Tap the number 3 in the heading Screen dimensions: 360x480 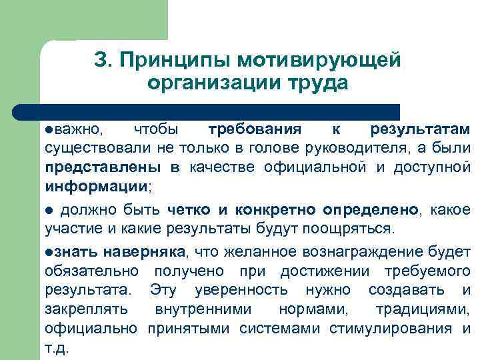[x=100, y=59]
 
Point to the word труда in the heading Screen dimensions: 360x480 [x=321, y=85]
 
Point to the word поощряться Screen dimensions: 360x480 [x=357, y=229]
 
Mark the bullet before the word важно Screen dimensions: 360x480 [x=49, y=129]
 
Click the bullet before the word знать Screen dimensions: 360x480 [x=49, y=253]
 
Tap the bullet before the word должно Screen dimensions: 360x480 [x=49, y=211]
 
